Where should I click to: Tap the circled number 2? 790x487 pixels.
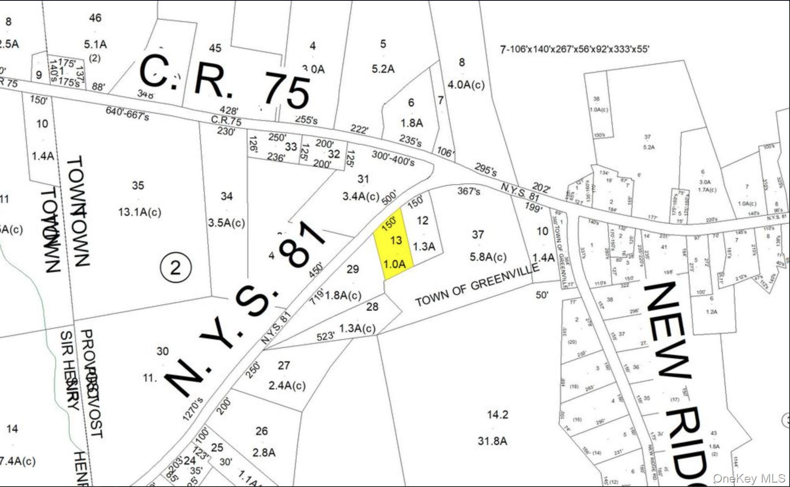pos(176,268)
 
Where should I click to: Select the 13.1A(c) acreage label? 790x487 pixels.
pos(140,212)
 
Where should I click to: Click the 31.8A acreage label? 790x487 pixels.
pos(492,441)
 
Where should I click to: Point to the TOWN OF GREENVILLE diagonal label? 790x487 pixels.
pos(477,285)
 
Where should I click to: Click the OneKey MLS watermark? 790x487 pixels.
pos(749,478)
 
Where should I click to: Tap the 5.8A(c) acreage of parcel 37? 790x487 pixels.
pos(488,257)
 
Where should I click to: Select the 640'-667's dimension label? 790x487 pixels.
pos(127,113)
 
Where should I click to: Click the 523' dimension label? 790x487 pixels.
pos(325,336)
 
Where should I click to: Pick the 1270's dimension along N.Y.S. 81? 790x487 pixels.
pos(193,409)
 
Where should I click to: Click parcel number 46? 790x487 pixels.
pos(95,18)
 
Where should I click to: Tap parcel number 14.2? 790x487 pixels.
pos(497,415)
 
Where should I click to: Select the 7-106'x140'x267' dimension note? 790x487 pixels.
pos(575,49)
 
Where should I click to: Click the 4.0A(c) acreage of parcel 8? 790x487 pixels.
pos(466,85)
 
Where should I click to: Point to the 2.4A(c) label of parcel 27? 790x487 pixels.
pos(287,385)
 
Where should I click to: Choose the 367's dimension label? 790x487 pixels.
pos(469,191)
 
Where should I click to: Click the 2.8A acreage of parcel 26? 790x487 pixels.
pos(264,452)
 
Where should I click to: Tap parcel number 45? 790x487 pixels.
pos(215,48)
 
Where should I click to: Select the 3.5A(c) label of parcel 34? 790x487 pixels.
pos(227,223)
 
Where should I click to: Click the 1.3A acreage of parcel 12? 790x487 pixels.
pos(424,247)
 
